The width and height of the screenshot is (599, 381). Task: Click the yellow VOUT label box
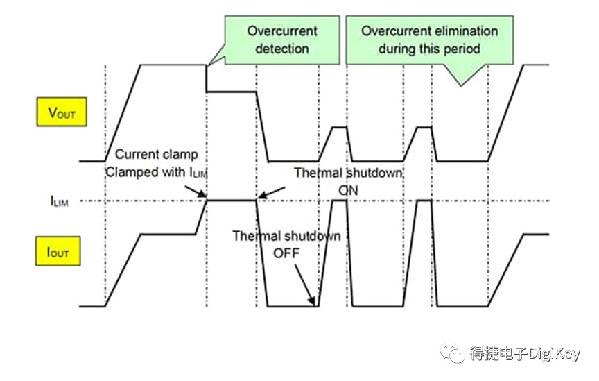[62, 112]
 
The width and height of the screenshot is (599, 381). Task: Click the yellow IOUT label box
[58, 251]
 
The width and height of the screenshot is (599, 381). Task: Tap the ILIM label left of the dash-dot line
[59, 201]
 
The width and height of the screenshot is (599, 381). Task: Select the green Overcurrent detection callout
[282, 40]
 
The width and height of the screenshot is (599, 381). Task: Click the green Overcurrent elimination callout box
[429, 40]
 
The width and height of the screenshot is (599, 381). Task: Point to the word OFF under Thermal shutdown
[286, 253]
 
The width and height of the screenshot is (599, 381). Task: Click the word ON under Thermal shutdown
[348, 190]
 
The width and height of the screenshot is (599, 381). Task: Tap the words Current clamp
[156, 154]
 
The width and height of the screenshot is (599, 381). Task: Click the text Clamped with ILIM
[156, 172]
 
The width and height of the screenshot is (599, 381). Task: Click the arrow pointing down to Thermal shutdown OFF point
[305, 285]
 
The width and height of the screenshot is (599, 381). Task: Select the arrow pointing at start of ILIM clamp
[196, 192]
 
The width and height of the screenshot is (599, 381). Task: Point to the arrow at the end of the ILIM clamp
[272, 193]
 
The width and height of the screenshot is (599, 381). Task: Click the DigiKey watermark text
[525, 353]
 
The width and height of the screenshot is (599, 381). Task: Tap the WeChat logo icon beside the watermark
[452, 353]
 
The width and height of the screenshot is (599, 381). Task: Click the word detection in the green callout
[282, 49]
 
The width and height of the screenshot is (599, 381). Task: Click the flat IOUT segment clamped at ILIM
[232, 200]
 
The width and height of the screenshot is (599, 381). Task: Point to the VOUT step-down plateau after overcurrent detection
[232, 92]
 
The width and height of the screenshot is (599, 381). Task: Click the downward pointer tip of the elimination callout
[461, 85]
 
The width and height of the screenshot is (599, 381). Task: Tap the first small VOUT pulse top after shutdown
[340, 127]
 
